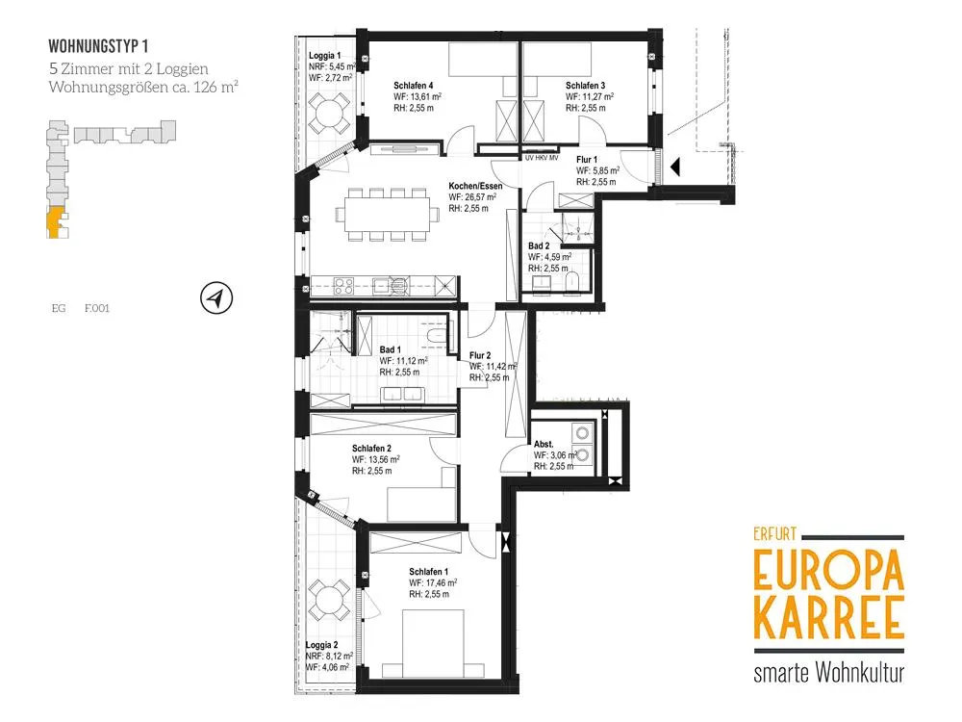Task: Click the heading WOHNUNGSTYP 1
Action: [x=98, y=46]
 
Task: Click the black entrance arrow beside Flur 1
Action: [x=675, y=167]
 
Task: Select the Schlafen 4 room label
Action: [x=414, y=86]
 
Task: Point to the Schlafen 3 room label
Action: [x=585, y=86]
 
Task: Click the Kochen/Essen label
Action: [x=475, y=186]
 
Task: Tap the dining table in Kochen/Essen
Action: [x=387, y=215]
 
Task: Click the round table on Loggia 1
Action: [x=329, y=113]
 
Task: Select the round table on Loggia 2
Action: [x=329, y=599]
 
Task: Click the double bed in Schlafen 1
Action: [x=433, y=644]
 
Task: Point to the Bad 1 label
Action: [x=391, y=350]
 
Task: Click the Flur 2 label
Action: [x=480, y=355]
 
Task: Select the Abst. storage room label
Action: [x=544, y=444]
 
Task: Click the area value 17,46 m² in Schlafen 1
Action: [x=433, y=582]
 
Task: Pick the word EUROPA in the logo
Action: [x=829, y=570]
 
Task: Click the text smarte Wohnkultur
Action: [x=829, y=673]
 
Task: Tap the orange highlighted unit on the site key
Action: [x=55, y=222]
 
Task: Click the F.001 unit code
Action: [x=97, y=308]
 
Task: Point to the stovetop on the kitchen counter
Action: [x=343, y=286]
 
